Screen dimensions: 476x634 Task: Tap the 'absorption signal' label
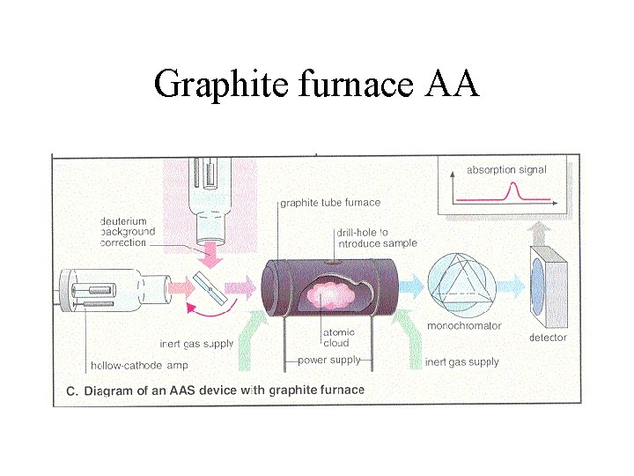(x=505, y=169)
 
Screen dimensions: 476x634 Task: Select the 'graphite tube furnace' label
(x=330, y=203)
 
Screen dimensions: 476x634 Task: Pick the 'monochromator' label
(x=464, y=326)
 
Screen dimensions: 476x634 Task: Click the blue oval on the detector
(x=540, y=286)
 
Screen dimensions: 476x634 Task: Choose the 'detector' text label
(x=548, y=338)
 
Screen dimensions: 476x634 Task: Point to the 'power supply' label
(x=328, y=361)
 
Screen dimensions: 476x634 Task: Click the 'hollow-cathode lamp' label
(x=139, y=366)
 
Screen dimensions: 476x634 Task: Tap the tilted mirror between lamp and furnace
(x=210, y=287)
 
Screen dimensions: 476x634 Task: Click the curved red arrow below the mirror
(x=210, y=313)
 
